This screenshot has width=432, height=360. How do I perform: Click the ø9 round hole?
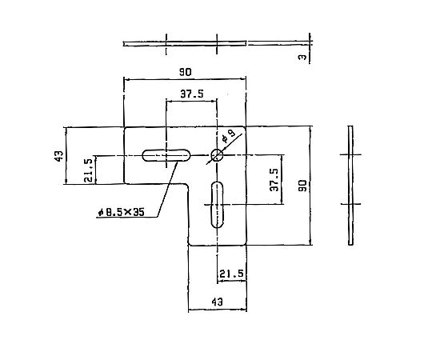[x=217, y=155]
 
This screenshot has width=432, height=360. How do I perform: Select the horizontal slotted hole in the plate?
[x=166, y=155]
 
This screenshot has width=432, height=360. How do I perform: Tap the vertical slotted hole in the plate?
[x=218, y=205]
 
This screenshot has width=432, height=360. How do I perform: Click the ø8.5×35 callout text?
[x=122, y=212]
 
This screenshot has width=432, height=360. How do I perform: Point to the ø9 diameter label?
[x=228, y=136]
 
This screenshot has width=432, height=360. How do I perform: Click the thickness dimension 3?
[x=302, y=57]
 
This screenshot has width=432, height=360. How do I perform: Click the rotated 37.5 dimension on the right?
[x=274, y=180]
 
